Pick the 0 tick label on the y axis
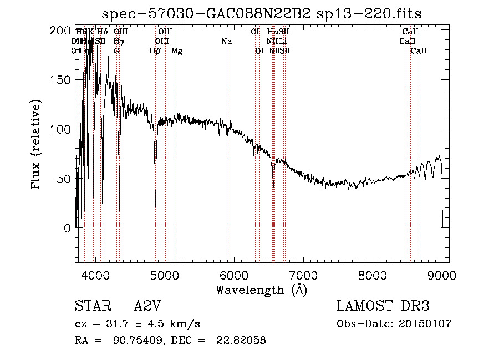point(67,228)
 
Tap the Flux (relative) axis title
point(37,145)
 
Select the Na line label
point(226,42)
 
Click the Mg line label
point(177,51)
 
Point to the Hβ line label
point(155,51)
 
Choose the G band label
point(116,51)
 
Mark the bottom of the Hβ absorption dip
point(155,205)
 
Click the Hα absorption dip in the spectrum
point(273,186)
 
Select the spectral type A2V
point(146,306)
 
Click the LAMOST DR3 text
point(383,306)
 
